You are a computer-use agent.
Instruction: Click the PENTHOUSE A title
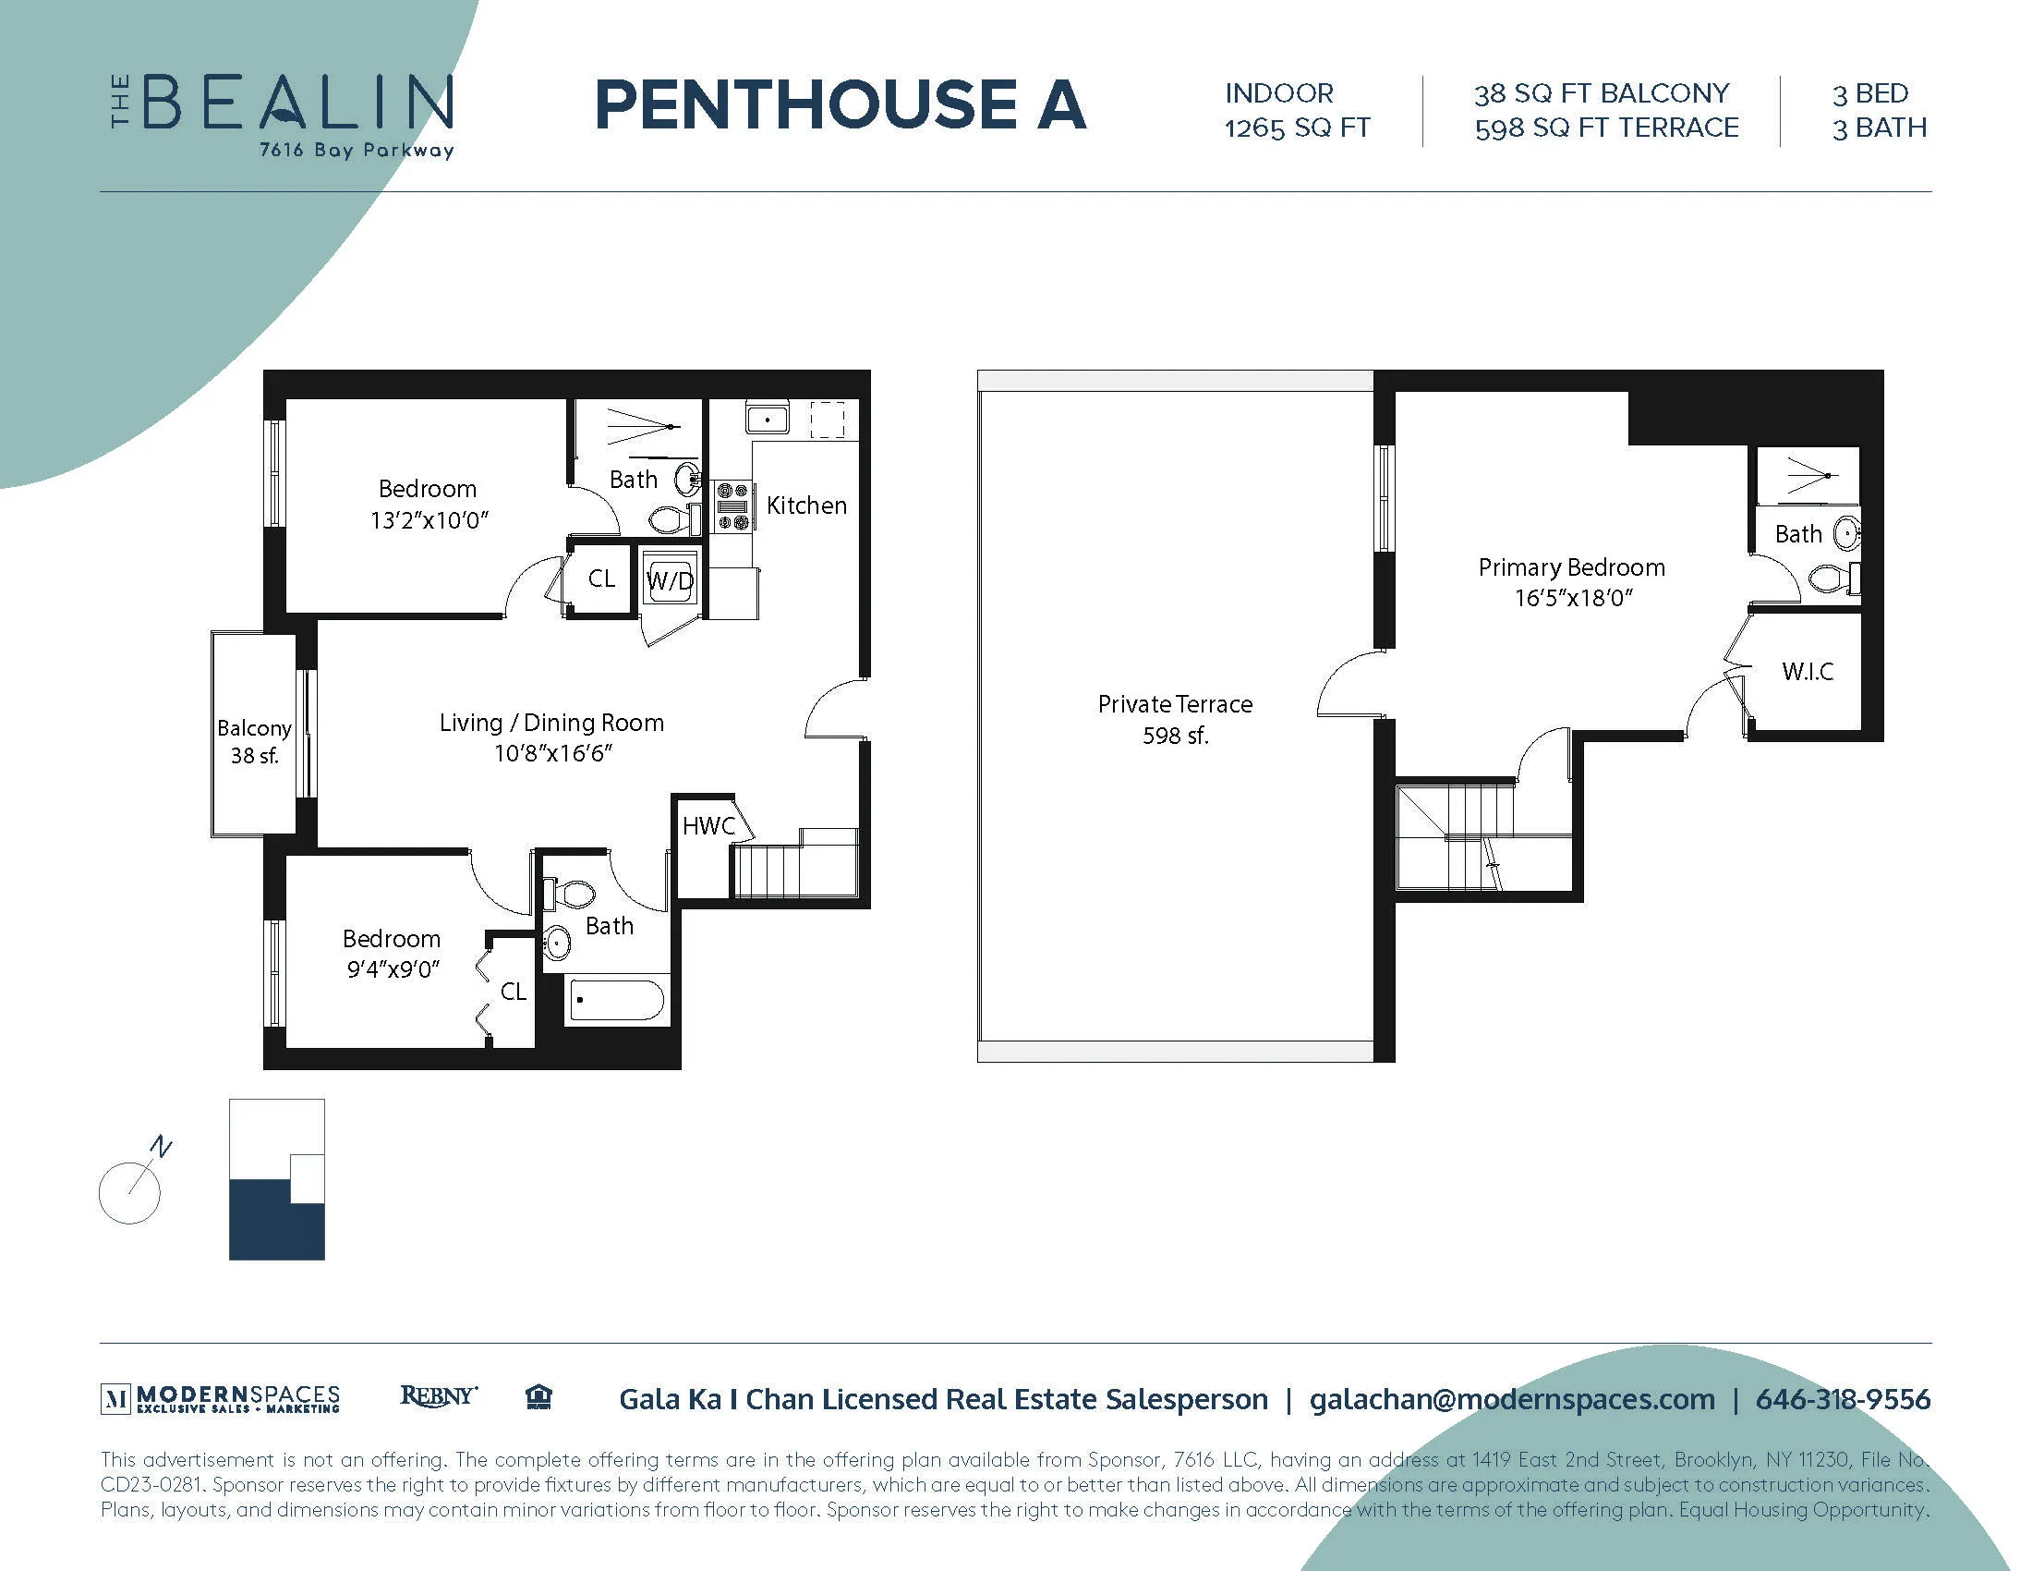840,104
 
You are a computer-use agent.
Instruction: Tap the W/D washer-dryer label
670,581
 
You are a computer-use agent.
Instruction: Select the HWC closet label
708,825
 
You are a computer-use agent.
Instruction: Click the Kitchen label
805,505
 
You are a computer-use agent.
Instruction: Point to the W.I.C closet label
1807,671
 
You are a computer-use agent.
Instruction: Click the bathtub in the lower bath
616,1001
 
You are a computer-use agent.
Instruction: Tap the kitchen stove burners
732,506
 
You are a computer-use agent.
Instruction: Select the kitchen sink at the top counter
767,419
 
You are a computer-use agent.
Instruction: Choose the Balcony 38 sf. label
254,741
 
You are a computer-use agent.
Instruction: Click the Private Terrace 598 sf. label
1174,719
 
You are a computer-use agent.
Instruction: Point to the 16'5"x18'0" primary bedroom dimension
1572,598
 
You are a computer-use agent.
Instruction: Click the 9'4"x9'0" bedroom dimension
393,969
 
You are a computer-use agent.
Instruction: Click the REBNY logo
438,1396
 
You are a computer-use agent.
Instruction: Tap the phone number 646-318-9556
1843,1399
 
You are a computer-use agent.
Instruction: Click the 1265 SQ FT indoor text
1297,128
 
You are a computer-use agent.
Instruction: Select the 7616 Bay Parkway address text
357,150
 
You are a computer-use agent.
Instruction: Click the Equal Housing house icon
538,1397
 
